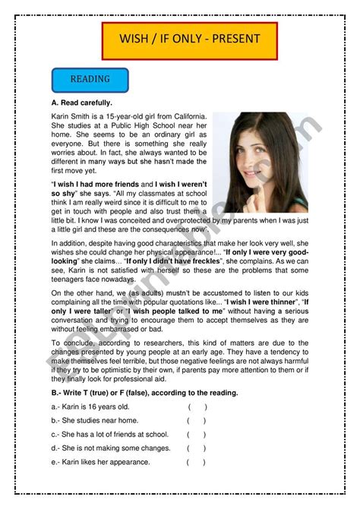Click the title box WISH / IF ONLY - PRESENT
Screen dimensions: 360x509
pos(190,40)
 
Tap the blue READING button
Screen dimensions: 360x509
pos(90,79)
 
